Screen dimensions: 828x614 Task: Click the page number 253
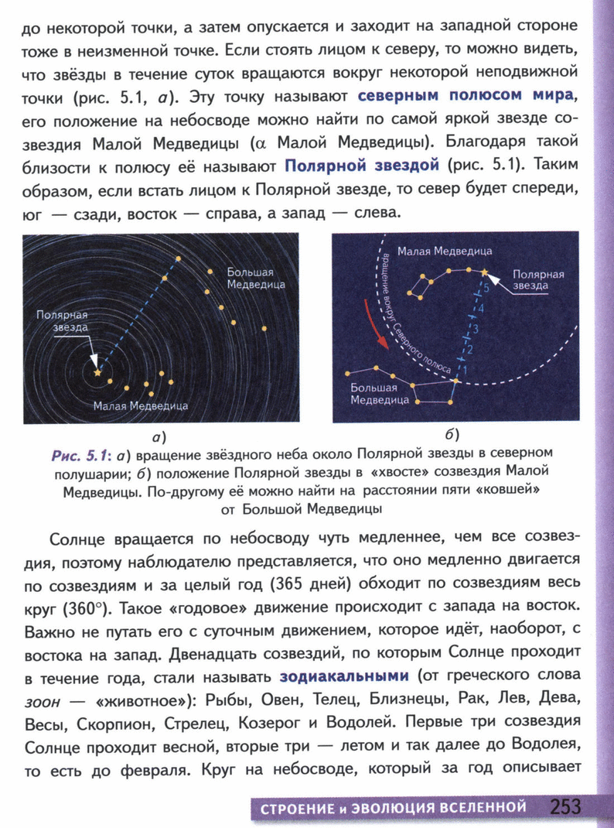pyautogui.click(x=565, y=806)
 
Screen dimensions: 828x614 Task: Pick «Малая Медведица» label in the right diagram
pyautogui.click(x=444, y=251)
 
